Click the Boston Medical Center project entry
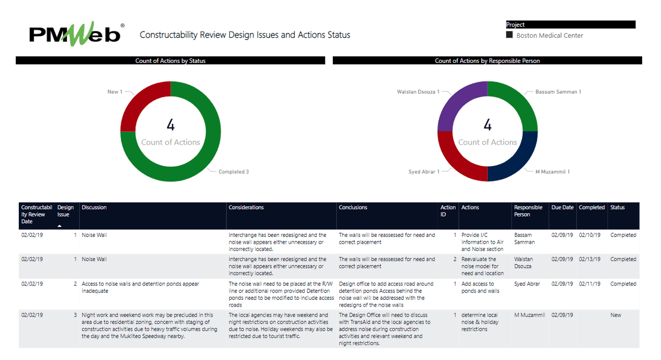coord(549,36)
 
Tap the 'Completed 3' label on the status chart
coord(233,172)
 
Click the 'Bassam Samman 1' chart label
coord(558,92)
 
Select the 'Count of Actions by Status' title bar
coord(170,61)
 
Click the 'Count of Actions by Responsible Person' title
coord(487,61)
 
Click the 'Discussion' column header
coord(94,208)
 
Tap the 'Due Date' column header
coord(562,208)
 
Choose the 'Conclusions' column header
coord(353,208)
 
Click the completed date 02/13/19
coord(590,259)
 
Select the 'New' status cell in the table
coord(615,315)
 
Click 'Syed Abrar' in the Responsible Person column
coord(527,284)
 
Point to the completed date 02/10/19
coord(590,235)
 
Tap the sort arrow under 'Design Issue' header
coord(60,226)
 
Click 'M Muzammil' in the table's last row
coord(529,315)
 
